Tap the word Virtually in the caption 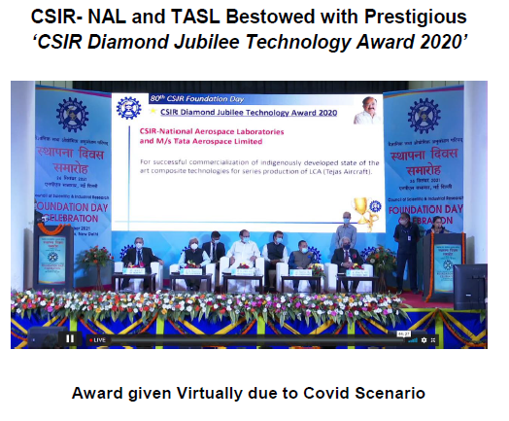click(x=223, y=393)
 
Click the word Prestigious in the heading click(x=411, y=18)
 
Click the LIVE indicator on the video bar click(x=97, y=339)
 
